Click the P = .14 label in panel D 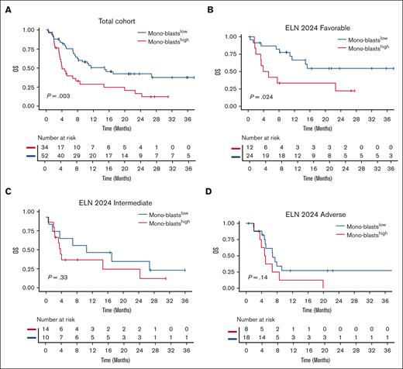point(263,276)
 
